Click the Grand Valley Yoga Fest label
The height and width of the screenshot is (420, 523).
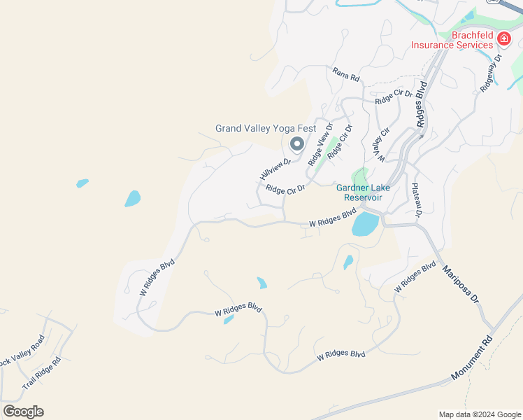(x=265, y=128)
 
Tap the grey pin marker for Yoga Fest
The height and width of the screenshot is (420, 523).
(x=296, y=144)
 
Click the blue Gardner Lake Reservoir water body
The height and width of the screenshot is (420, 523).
(x=365, y=225)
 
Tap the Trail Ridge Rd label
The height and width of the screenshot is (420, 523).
(x=42, y=373)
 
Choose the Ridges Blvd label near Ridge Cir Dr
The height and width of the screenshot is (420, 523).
(x=421, y=106)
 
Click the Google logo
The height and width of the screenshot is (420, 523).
(x=23, y=412)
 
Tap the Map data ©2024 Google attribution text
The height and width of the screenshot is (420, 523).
(x=479, y=414)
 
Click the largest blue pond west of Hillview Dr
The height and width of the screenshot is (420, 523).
(x=132, y=199)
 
